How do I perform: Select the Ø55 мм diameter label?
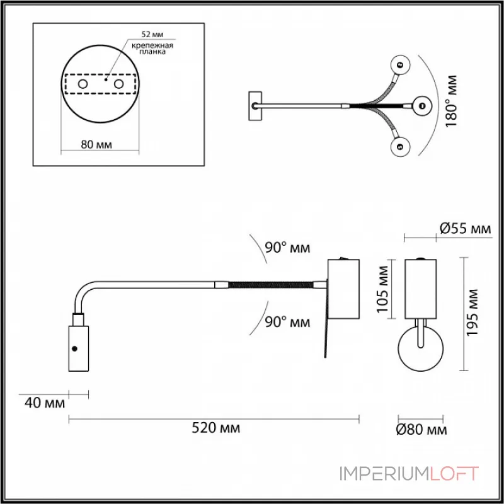(465, 229)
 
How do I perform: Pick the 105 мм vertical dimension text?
(382, 290)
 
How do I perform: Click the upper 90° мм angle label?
(287, 248)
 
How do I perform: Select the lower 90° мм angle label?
(287, 322)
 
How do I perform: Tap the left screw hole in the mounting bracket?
(82, 84)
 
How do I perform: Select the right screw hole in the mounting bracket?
(118, 84)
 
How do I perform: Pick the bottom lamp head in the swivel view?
(399, 147)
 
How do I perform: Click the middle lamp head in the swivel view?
(421, 105)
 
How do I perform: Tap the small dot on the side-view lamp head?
(75, 348)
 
